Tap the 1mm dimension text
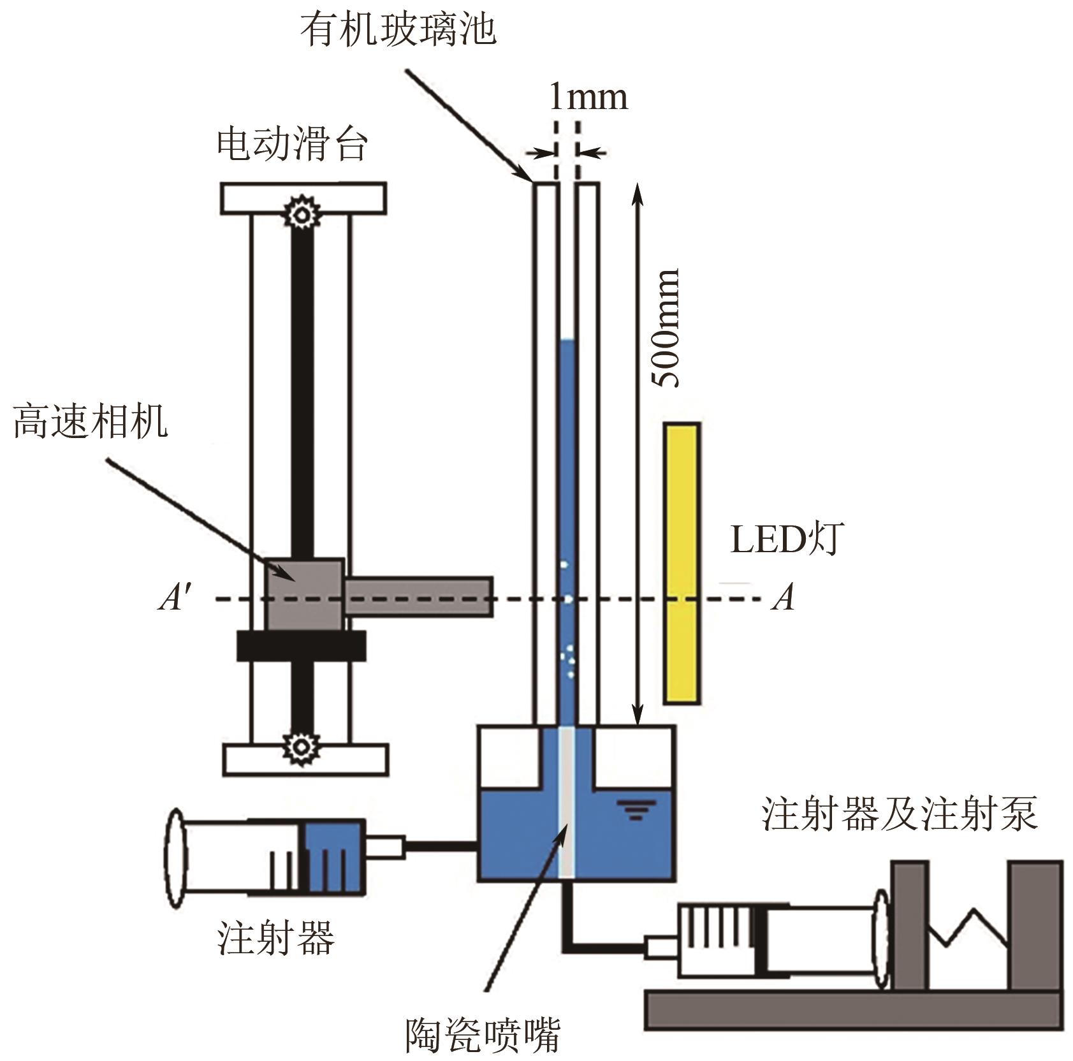pyautogui.click(x=588, y=97)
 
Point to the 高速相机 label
pyautogui.click(x=91, y=421)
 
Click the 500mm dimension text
pyautogui.click(x=666, y=328)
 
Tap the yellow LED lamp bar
pyautogui.click(x=682, y=563)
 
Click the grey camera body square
pyautogui.click(x=304, y=594)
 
